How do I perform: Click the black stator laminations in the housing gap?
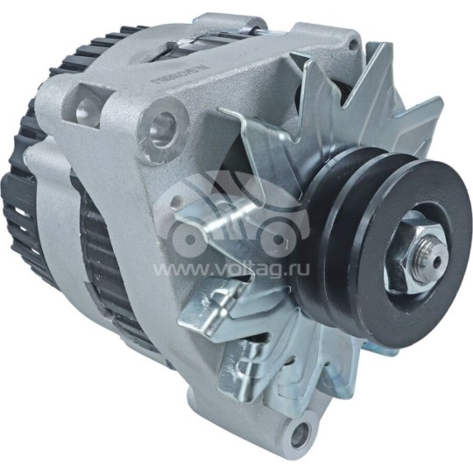(105, 263)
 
